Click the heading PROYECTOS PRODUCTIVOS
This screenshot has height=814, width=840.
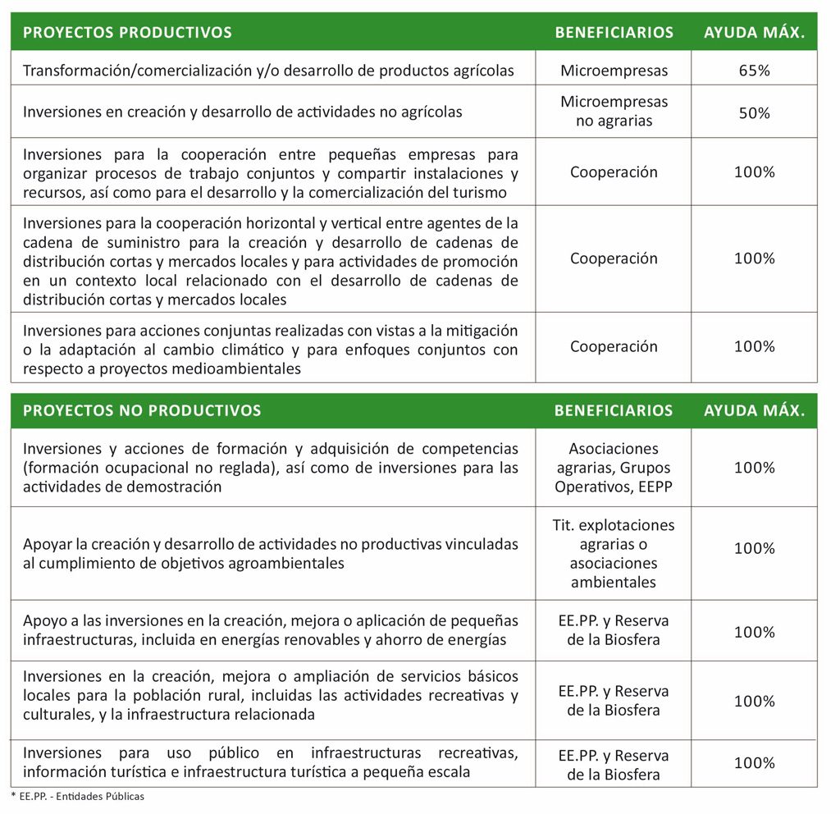[127, 33]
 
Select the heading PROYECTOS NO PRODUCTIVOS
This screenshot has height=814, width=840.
[142, 410]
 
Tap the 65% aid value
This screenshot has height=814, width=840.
[754, 71]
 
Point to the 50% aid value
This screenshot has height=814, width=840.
[754, 113]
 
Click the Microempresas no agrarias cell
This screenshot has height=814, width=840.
[614, 112]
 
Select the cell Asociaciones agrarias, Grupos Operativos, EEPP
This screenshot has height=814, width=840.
[614, 468]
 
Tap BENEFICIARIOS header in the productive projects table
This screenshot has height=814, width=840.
[614, 33]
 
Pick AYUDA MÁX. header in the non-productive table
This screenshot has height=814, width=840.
[754, 410]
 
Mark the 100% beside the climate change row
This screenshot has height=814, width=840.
[754, 346]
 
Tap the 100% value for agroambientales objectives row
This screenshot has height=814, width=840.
[754, 548]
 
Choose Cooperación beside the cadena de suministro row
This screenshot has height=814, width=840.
[614, 258]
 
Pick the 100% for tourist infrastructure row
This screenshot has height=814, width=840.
[754, 763]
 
